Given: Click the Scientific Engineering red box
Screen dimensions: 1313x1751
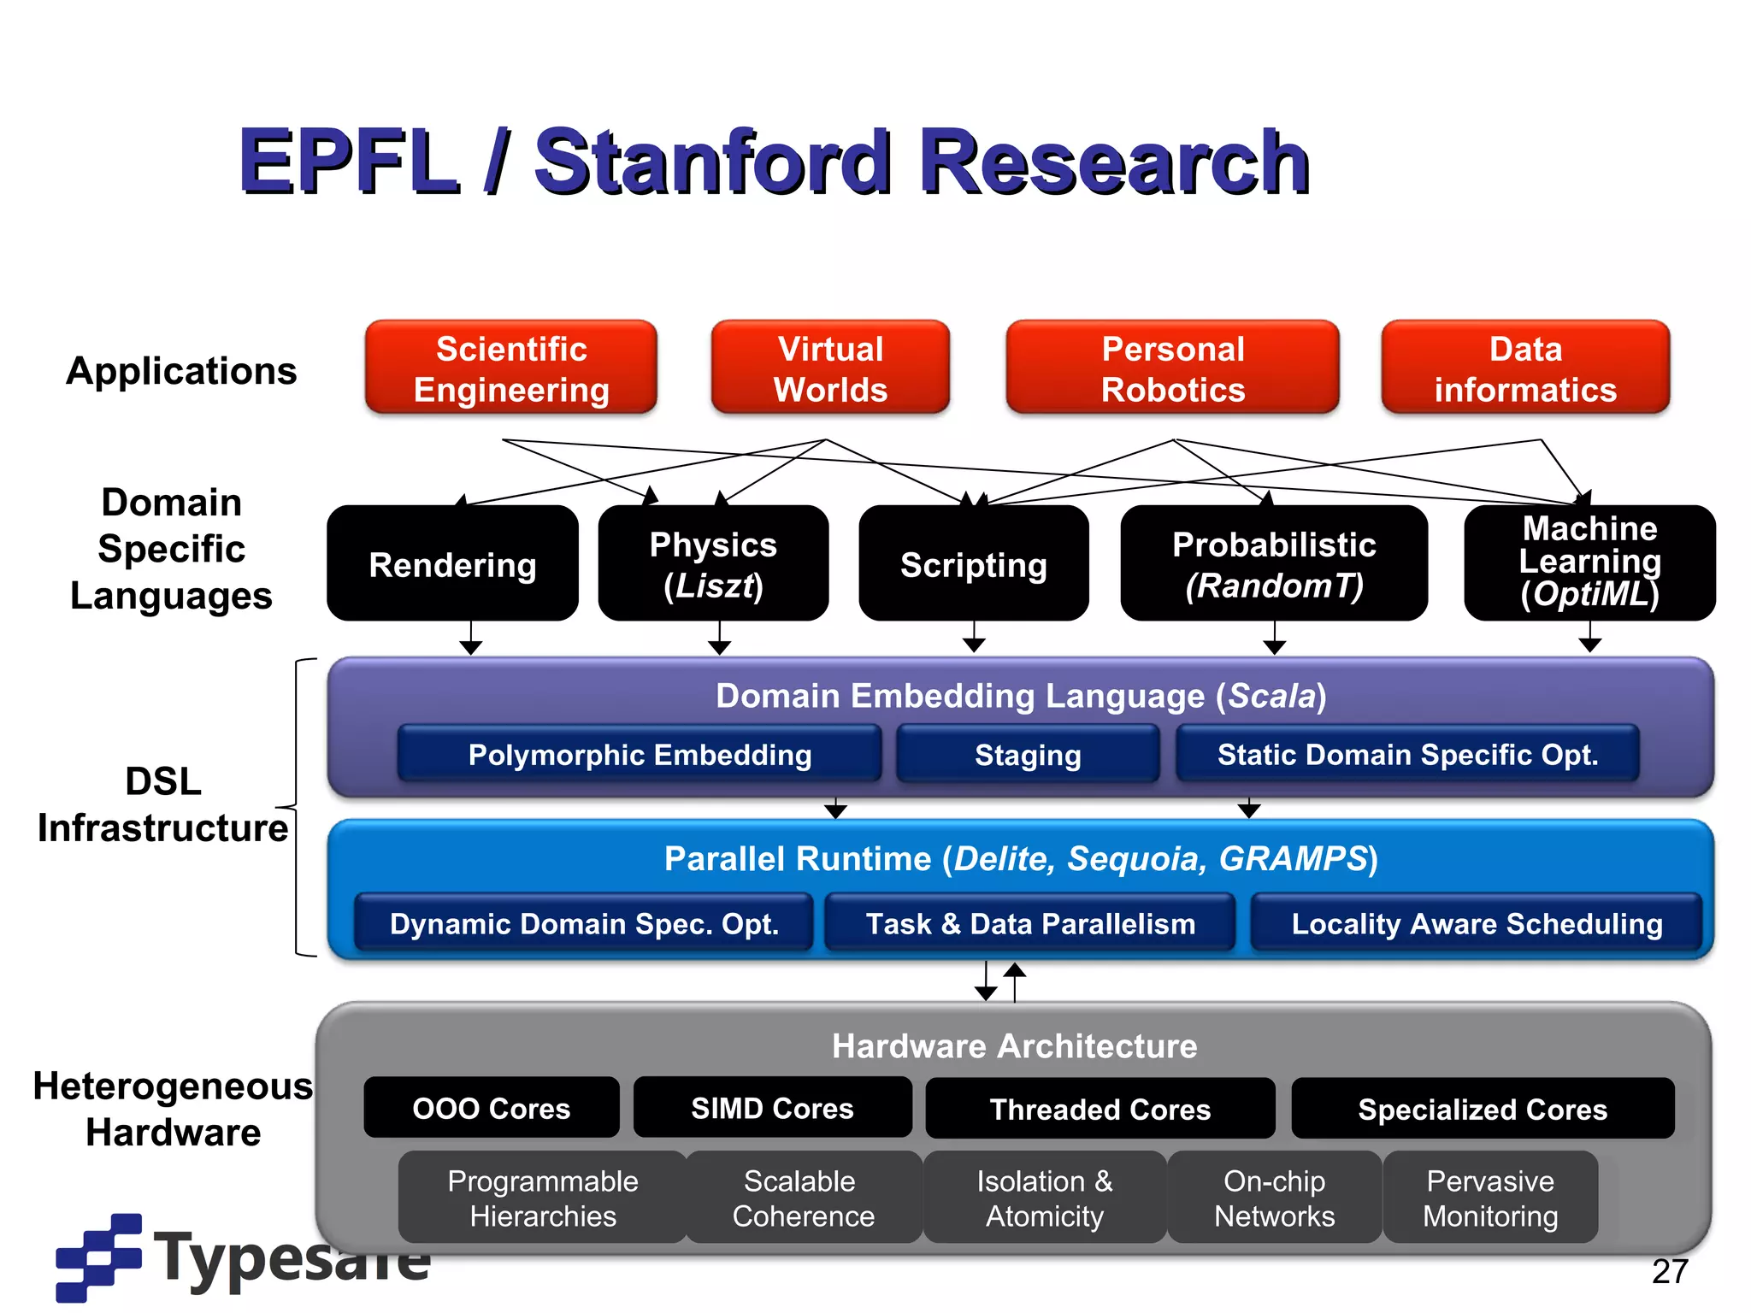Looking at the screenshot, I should tap(510, 368).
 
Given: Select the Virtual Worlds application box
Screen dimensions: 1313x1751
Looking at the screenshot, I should tap(830, 368).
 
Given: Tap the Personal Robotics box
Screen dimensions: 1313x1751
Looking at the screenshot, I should tap(1172, 368).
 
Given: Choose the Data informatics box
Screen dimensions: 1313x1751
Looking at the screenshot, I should tap(1525, 368).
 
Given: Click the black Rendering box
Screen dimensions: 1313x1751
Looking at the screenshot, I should tap(452, 564).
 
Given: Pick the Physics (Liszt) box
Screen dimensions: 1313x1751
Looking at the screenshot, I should tap(713, 564).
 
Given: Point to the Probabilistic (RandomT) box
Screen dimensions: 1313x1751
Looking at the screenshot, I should tap(1273, 564).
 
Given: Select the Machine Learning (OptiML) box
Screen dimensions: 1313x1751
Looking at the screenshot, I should tap(1589, 562).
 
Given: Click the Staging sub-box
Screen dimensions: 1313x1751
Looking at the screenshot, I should tap(1028, 754).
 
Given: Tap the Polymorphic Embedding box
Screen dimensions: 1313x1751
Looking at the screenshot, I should tap(640, 754).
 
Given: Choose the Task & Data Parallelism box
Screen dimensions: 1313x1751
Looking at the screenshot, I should tap(1030, 923).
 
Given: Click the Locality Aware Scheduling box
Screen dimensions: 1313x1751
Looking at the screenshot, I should tap(1477, 923).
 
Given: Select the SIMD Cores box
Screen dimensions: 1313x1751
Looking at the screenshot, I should tap(772, 1108).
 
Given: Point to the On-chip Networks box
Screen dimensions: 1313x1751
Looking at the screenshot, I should tap(1274, 1197).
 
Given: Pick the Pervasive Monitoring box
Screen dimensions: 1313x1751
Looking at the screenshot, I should tap(1490, 1197).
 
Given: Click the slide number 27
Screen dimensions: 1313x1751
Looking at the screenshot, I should tap(1670, 1271).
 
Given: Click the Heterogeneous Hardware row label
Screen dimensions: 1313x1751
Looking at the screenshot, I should tap(173, 1109).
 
